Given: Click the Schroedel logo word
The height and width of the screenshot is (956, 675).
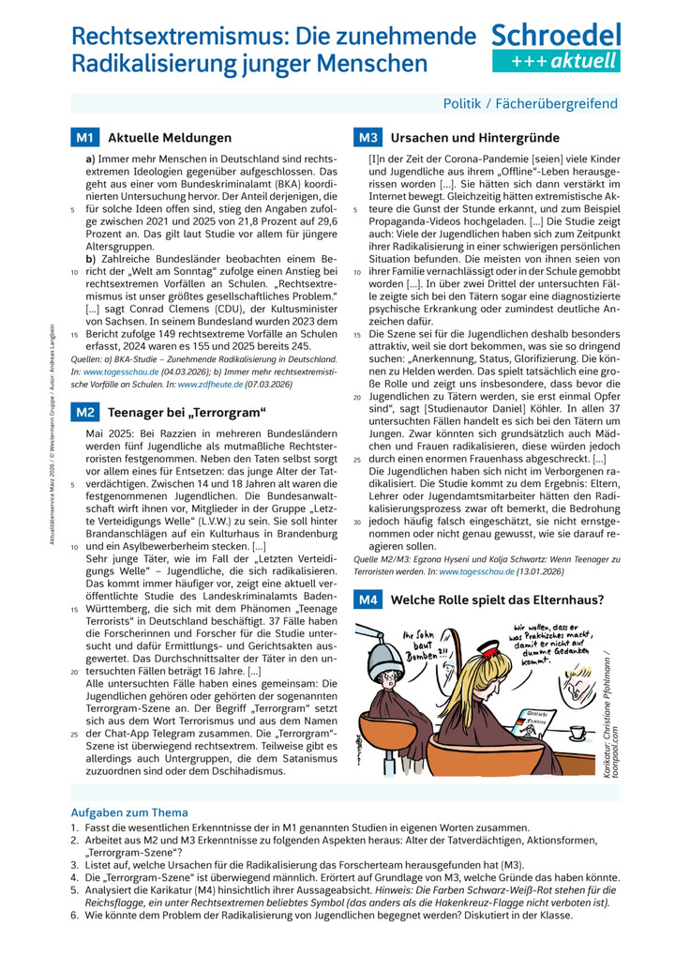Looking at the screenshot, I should click(556, 36).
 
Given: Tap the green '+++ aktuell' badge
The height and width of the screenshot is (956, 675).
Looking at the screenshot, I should click(556, 62).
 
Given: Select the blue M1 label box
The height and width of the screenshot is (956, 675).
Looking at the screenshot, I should click(84, 137).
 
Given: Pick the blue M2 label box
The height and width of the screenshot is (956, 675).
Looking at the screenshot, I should click(84, 412).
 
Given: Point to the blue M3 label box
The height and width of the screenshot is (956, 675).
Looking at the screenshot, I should click(367, 137).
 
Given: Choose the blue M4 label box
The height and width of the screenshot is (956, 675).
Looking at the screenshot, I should click(367, 599).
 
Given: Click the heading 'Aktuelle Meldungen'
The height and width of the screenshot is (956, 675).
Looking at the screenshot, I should click(170, 137).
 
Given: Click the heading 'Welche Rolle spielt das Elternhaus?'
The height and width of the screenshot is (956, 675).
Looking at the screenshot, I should click(497, 599).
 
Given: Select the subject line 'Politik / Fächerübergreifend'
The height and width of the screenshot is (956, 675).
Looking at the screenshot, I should click(531, 103).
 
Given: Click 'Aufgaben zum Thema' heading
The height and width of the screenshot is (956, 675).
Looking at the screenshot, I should click(129, 812).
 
